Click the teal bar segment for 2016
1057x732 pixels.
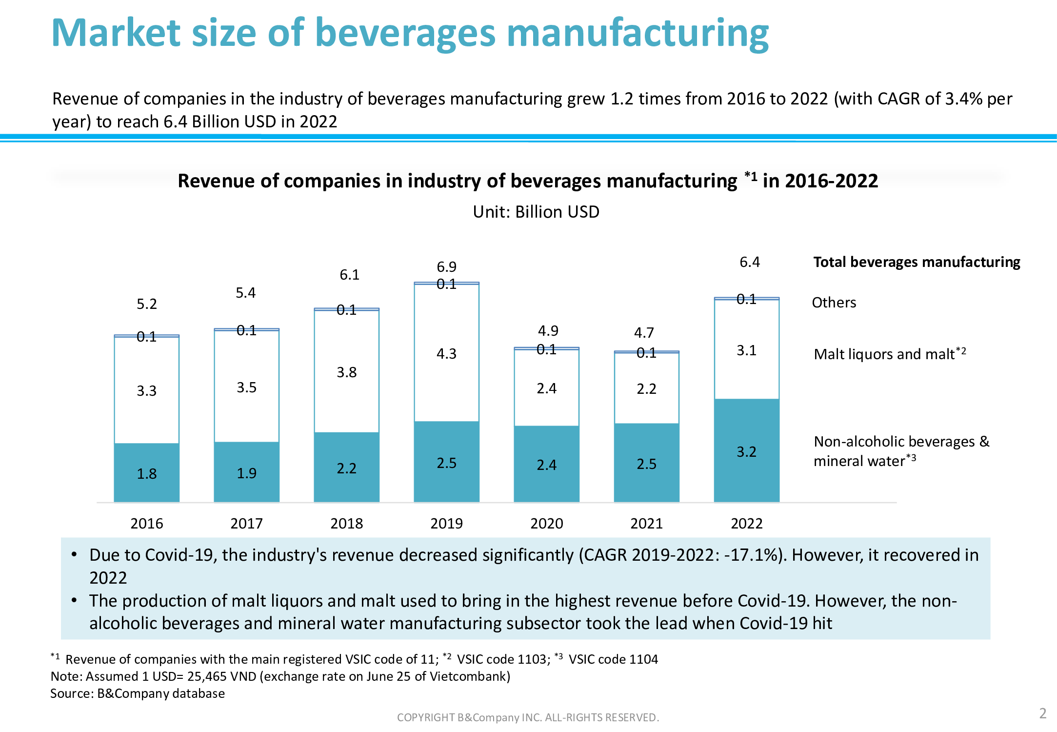pyautogui.click(x=146, y=472)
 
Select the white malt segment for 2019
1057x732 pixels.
pyautogui.click(x=446, y=352)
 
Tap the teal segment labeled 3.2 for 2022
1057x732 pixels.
pyautogui.click(x=746, y=451)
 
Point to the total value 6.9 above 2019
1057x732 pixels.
pyautogui.click(x=446, y=267)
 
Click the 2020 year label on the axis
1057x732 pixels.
pyautogui.click(x=546, y=523)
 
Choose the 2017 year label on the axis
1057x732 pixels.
pyautogui.click(x=246, y=523)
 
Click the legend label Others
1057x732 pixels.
pyautogui.click(x=834, y=303)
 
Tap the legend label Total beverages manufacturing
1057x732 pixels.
pyautogui.click(x=917, y=262)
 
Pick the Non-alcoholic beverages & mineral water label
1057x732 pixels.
pyautogui.click(x=901, y=451)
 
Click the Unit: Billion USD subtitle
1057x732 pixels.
pyautogui.click(x=536, y=212)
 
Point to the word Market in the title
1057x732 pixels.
pyautogui.click(x=116, y=33)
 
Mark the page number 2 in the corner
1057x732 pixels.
pyautogui.click(x=1042, y=713)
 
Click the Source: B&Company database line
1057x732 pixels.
pyautogui.click(x=138, y=693)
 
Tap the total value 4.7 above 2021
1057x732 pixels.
pyautogui.click(x=643, y=333)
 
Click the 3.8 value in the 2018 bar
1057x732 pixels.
pyautogui.click(x=346, y=372)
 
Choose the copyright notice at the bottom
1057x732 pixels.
pyautogui.click(x=528, y=717)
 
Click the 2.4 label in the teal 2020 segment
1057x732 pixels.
pyautogui.click(x=546, y=465)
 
